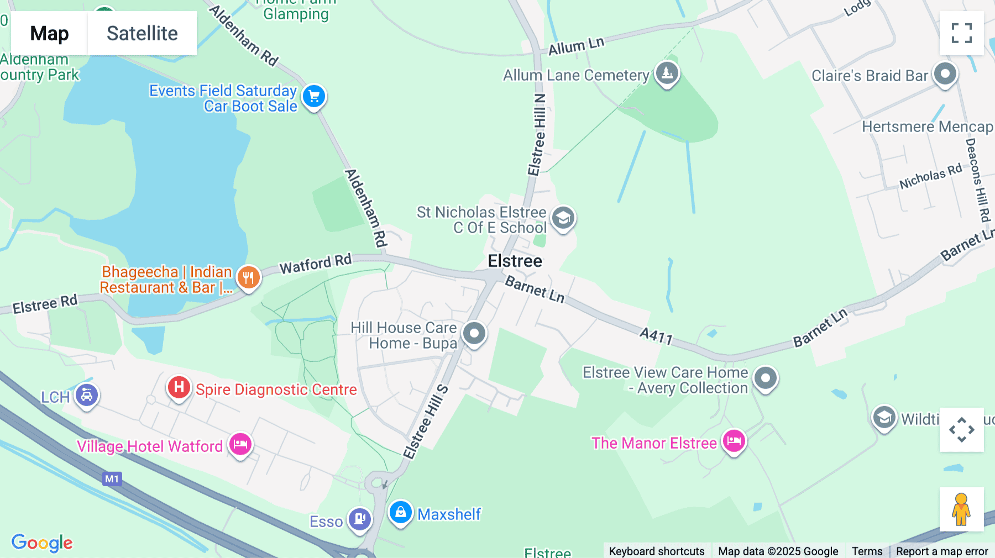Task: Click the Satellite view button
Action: tap(142, 33)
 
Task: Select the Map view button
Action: tap(49, 33)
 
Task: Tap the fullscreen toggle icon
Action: tap(961, 33)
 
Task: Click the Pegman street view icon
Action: tap(961, 509)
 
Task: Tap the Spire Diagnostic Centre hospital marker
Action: tap(179, 387)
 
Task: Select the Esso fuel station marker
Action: tap(360, 519)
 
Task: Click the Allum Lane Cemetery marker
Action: tap(667, 72)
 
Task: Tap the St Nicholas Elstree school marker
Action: tap(563, 218)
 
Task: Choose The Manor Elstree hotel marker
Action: tap(734, 441)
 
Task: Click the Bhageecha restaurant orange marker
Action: tap(249, 277)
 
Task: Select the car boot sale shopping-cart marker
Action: tap(314, 97)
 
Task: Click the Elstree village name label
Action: tap(515, 261)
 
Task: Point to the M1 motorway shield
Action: tap(112, 479)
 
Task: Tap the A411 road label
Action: tap(656, 335)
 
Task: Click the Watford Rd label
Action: tap(316, 264)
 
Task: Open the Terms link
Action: tap(867, 551)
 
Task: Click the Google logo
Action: tap(42, 543)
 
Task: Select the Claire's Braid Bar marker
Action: tap(945, 73)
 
